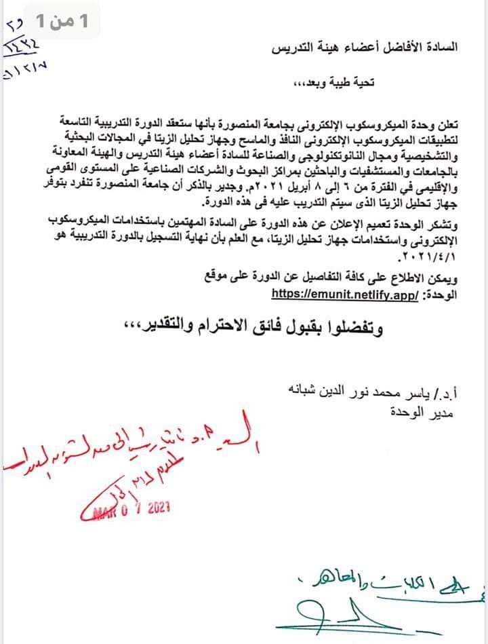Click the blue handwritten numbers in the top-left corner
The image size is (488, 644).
pos(23,48)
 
